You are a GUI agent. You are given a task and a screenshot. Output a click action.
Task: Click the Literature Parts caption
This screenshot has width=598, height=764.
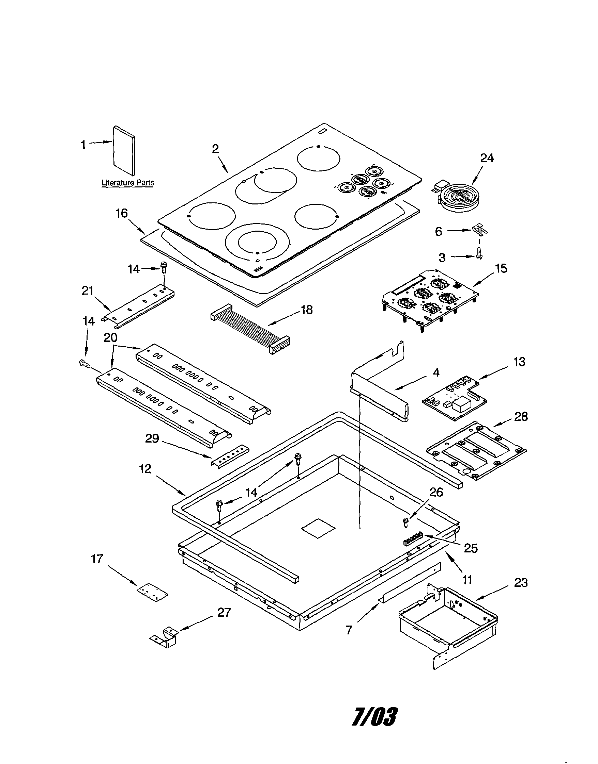click(127, 183)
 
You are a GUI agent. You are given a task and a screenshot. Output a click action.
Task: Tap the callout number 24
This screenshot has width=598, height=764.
click(487, 158)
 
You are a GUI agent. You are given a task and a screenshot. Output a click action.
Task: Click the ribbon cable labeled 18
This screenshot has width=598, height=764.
click(251, 328)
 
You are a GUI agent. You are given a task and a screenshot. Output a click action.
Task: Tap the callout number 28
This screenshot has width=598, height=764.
click(521, 416)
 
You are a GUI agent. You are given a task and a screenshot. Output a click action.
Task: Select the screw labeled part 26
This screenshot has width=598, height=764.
click(406, 522)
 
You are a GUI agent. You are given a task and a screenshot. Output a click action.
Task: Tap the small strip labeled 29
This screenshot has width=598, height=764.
click(229, 456)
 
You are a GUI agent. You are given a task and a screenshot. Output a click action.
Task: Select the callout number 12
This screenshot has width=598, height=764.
click(145, 469)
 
